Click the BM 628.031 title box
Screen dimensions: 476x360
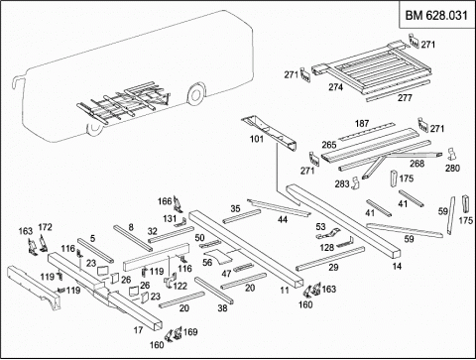[x=436, y=15]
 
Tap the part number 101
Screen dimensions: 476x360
[x=257, y=139]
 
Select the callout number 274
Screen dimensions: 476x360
[x=335, y=87]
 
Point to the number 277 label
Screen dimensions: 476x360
[x=405, y=98]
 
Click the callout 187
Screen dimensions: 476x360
[x=362, y=123]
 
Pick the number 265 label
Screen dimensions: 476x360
[x=329, y=145]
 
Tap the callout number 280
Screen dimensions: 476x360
[x=452, y=168]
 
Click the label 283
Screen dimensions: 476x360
[x=342, y=183]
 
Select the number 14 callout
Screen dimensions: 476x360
[x=397, y=266]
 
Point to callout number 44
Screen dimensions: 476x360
[x=283, y=219]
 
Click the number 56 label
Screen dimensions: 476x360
[x=207, y=263]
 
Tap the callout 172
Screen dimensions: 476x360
[x=45, y=227]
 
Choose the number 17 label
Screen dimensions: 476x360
[x=138, y=329]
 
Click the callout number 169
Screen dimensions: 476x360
[x=190, y=331]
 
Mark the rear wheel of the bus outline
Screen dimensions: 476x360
[x=195, y=94]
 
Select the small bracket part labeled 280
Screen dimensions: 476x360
[x=451, y=155]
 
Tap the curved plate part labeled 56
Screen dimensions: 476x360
[x=218, y=257]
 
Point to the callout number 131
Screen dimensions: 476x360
[x=170, y=218]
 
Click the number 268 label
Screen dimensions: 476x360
[x=416, y=163]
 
